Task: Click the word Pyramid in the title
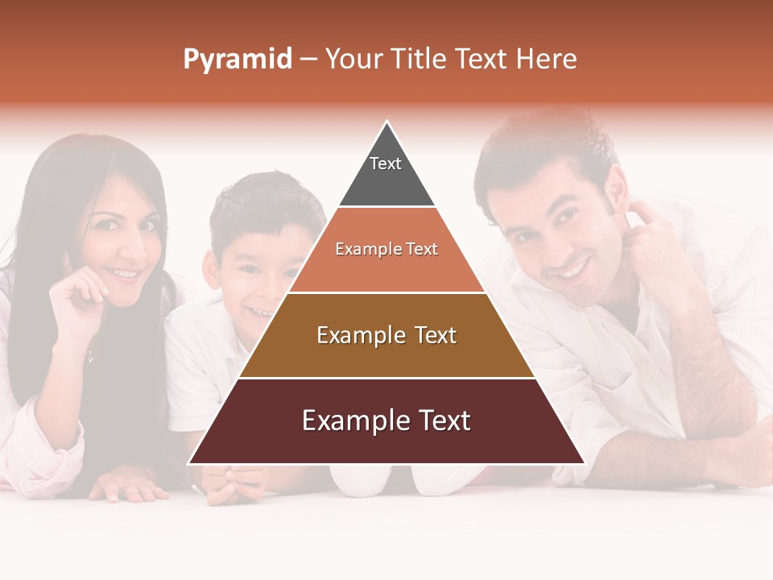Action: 238,59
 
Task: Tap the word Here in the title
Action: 546,59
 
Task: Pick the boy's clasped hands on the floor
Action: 234,483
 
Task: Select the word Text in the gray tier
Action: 386,164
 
